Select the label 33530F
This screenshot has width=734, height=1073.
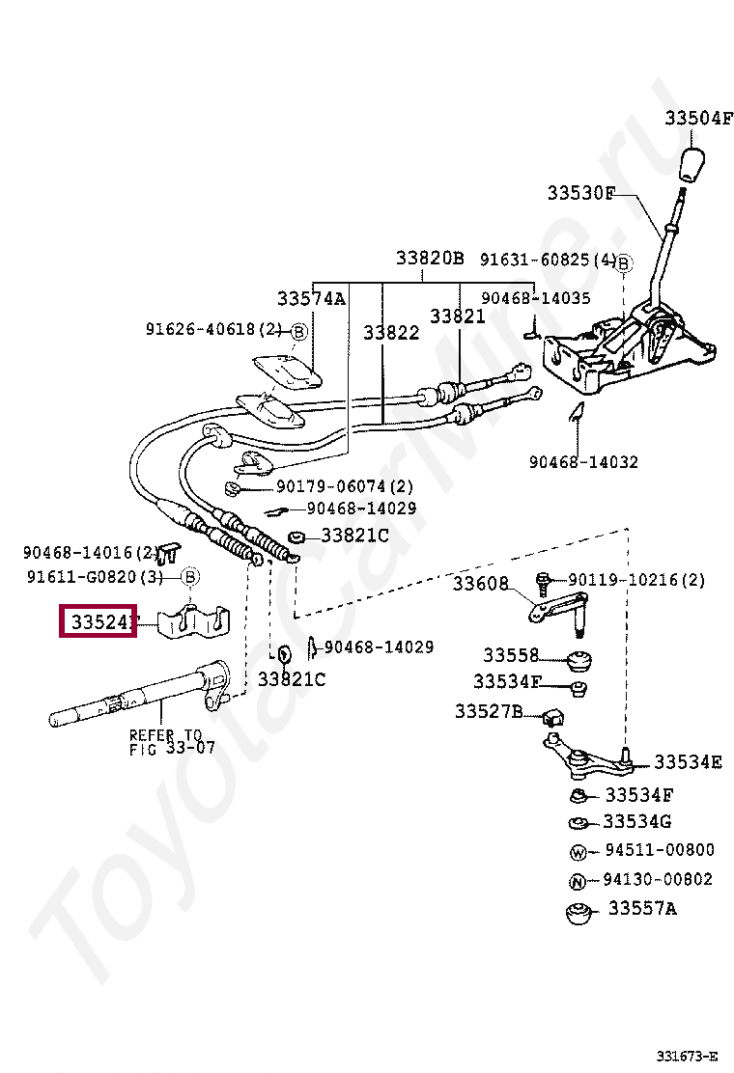click(580, 193)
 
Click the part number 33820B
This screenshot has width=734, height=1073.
click(430, 259)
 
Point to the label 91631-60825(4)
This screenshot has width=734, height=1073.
click(548, 260)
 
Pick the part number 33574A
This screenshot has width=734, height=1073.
click(311, 298)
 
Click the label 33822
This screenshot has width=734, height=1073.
click(391, 332)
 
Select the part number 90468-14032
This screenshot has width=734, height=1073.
click(583, 462)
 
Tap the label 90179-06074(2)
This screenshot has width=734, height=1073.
click(344, 486)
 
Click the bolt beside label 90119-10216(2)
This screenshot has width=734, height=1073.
click(544, 582)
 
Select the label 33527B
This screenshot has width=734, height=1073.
click(489, 711)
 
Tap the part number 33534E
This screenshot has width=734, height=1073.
click(688, 762)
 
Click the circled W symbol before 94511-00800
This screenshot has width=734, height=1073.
click(578, 852)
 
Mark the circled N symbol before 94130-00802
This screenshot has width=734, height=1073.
click(578, 881)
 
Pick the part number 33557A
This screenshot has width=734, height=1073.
click(642, 909)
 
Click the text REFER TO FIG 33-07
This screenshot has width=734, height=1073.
click(172, 741)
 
